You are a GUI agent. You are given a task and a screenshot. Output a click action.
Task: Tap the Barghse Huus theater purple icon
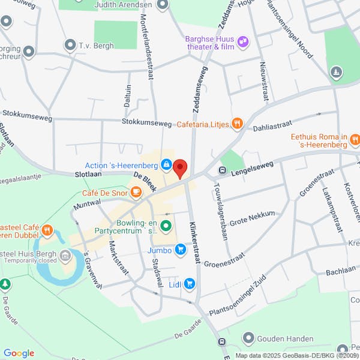click(243, 41)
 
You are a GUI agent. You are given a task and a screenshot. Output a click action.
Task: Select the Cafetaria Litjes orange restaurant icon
click(238, 124)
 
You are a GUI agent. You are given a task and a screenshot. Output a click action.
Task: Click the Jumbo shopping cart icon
click(179, 251)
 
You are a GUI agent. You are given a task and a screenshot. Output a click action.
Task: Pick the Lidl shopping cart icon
click(190, 283)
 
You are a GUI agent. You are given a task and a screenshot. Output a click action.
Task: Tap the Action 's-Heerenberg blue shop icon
click(166, 164)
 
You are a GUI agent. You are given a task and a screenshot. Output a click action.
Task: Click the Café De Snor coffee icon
click(136, 192)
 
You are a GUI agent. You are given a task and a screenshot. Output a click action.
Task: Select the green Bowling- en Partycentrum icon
click(166, 226)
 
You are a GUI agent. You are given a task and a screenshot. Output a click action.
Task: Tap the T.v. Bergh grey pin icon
click(71, 44)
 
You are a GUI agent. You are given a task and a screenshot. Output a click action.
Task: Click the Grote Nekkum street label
click(252, 217)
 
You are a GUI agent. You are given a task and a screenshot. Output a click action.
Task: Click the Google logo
click(19, 353)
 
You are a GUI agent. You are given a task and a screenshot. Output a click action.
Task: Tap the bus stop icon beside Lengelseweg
click(221, 170)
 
